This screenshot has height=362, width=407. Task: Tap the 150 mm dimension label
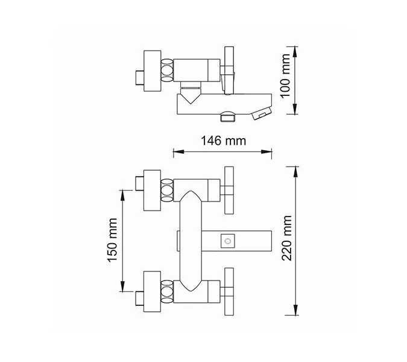pyautogui.click(x=110, y=240)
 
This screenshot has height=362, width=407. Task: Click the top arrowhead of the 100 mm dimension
pyautogui.click(x=294, y=49)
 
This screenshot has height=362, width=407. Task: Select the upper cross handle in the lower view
pyautogui.click(x=229, y=189)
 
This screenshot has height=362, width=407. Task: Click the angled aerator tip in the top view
pyautogui.click(x=263, y=113)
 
